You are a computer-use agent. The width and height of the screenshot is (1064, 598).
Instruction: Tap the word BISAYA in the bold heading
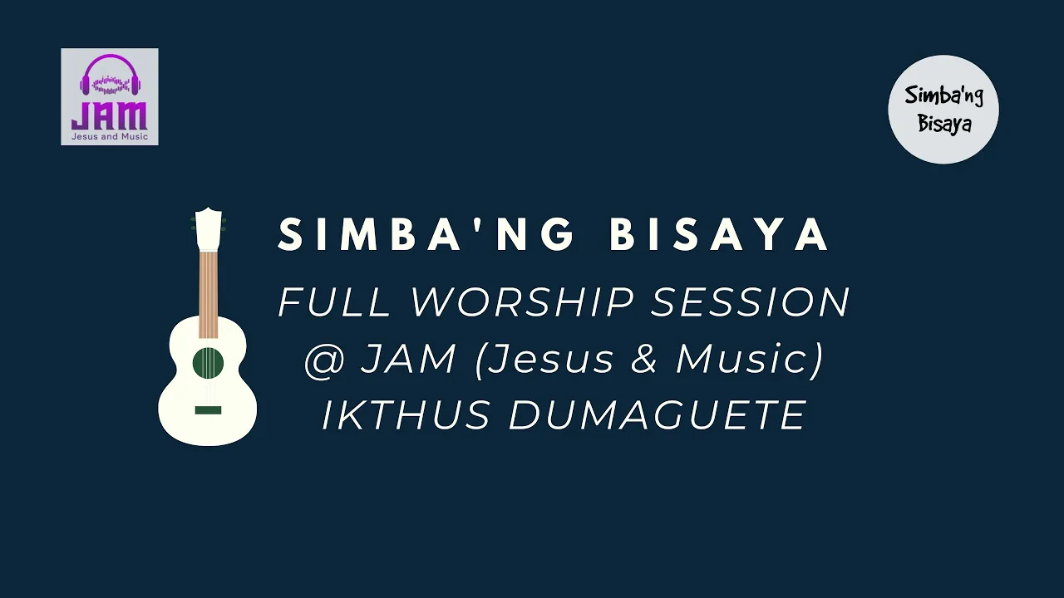(719, 233)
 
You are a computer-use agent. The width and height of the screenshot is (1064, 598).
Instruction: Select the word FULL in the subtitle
(333, 301)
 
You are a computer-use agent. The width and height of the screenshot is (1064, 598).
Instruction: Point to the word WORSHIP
(523, 301)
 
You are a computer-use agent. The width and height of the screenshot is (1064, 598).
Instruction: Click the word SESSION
(750, 301)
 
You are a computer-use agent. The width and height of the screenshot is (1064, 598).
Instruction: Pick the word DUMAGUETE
(658, 414)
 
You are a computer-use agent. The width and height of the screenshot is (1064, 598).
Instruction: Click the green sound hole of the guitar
(208, 363)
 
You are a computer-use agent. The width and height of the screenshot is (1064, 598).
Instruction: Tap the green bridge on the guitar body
(208, 410)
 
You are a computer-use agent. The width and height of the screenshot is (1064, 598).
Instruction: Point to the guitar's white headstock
(209, 228)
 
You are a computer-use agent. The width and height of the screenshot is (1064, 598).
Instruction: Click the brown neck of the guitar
(209, 294)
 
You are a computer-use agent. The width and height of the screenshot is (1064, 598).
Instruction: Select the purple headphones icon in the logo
(111, 75)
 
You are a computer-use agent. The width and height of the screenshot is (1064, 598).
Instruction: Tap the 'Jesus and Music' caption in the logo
(110, 137)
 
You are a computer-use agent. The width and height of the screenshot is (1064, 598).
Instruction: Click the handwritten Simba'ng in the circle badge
(943, 97)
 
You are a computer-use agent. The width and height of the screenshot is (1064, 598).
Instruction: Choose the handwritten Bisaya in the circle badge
(944, 124)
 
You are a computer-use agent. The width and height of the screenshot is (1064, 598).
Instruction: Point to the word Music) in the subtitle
(750, 360)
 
